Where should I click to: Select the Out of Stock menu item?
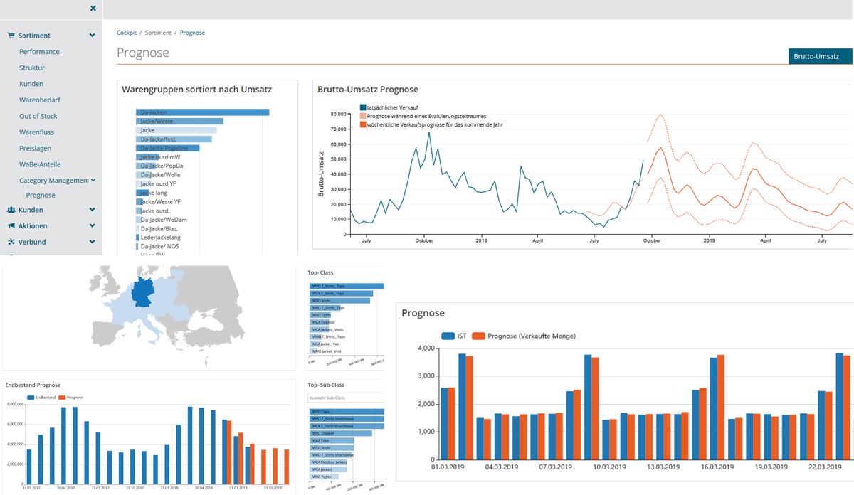click(38, 116)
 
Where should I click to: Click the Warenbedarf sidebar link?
click(40, 100)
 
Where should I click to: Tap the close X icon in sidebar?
click(93, 9)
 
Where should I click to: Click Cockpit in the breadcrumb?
click(127, 33)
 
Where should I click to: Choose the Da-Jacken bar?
click(203, 112)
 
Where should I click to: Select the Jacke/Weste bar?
click(180, 122)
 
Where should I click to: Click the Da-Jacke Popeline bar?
click(168, 149)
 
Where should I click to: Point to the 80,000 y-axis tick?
click(334, 114)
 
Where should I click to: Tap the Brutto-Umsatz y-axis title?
click(322, 175)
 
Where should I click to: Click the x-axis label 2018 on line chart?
click(480, 241)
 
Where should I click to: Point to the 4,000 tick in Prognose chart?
click(426, 348)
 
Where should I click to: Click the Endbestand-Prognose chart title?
click(33, 385)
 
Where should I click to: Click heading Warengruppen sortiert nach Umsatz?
click(196, 90)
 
